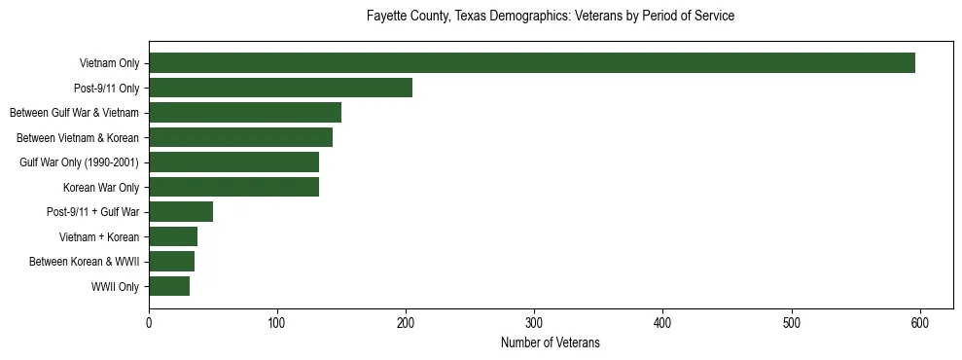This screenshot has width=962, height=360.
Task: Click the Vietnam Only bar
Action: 531,63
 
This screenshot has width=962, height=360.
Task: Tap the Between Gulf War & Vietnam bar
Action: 245,113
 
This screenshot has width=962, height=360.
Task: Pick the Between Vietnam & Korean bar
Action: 240,137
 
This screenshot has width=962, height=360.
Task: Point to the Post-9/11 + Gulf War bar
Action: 181,212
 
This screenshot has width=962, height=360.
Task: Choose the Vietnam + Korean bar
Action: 173,236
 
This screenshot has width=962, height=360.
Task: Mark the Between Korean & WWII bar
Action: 171,262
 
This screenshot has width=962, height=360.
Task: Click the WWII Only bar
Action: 169,286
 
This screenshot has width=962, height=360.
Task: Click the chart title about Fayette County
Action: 550,17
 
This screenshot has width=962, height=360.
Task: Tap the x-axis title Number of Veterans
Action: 550,343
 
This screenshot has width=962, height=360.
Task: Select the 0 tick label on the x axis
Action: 149,323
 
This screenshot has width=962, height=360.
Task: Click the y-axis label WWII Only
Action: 115,287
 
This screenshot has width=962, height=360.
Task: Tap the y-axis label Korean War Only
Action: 101,188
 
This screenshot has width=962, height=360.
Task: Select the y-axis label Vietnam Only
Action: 109,64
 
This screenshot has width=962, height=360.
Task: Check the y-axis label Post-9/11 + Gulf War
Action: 92,212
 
